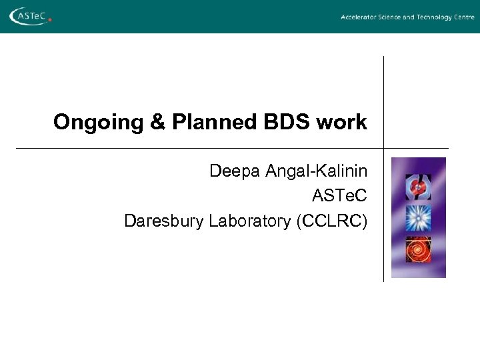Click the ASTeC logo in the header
29,16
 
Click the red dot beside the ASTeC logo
50,21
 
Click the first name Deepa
235,171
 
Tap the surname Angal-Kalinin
316,171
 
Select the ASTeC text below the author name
339,196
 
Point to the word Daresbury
164,221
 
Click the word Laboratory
249,221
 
